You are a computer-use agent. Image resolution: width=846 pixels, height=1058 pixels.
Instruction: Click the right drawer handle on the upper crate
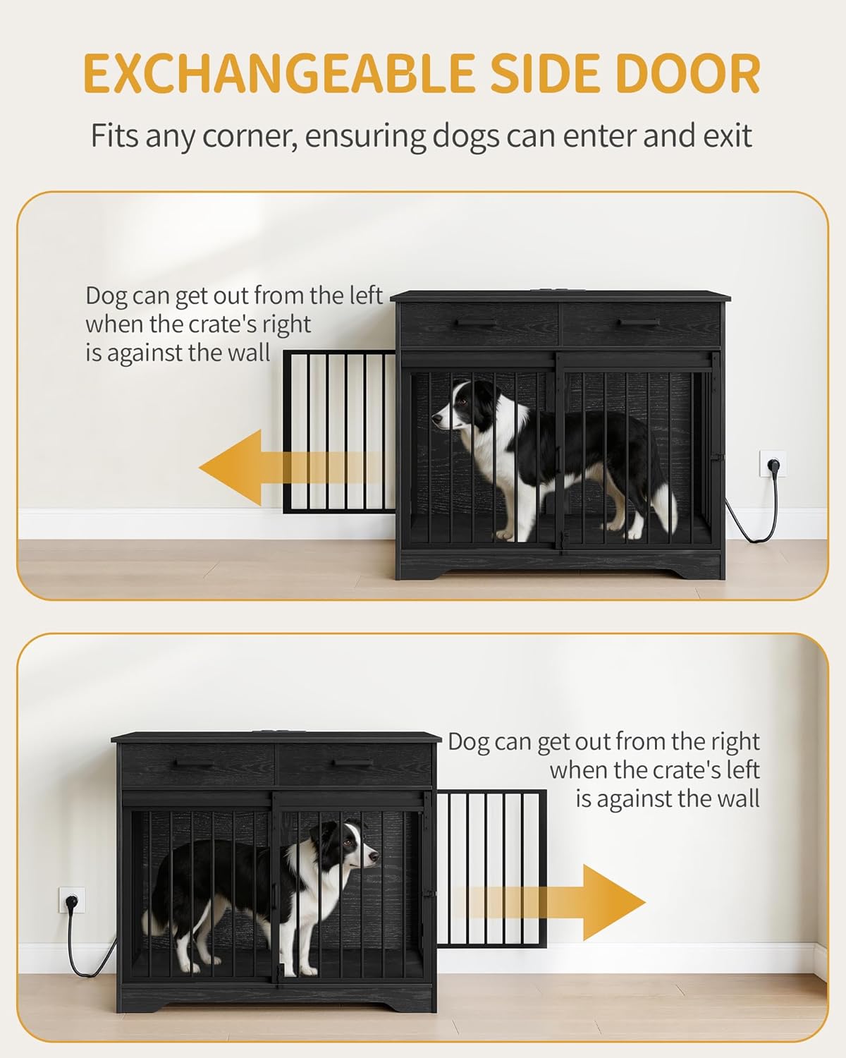[x=640, y=323]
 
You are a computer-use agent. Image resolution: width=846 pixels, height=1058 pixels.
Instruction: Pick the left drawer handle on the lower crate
[x=192, y=763]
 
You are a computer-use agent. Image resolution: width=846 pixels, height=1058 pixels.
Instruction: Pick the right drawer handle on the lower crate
[x=355, y=763]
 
